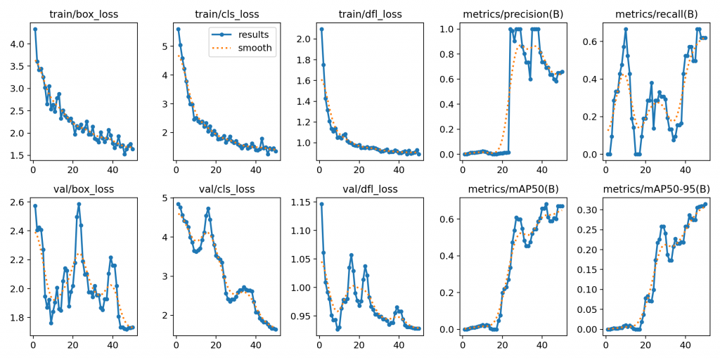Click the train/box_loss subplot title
click(83, 14)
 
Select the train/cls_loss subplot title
click(226, 14)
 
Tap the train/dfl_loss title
click(369, 14)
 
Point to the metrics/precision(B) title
click(512, 14)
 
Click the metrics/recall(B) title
click(655, 14)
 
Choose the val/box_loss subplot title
click(83, 189)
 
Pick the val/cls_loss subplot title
click(226, 189)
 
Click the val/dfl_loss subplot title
click(369, 189)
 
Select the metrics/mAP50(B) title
click(512, 189)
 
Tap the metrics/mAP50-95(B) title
click(655, 189)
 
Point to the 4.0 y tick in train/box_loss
click(15, 44)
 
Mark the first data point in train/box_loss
click(35, 29)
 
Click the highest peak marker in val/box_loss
click(79, 204)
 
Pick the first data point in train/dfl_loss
click(321, 29)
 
